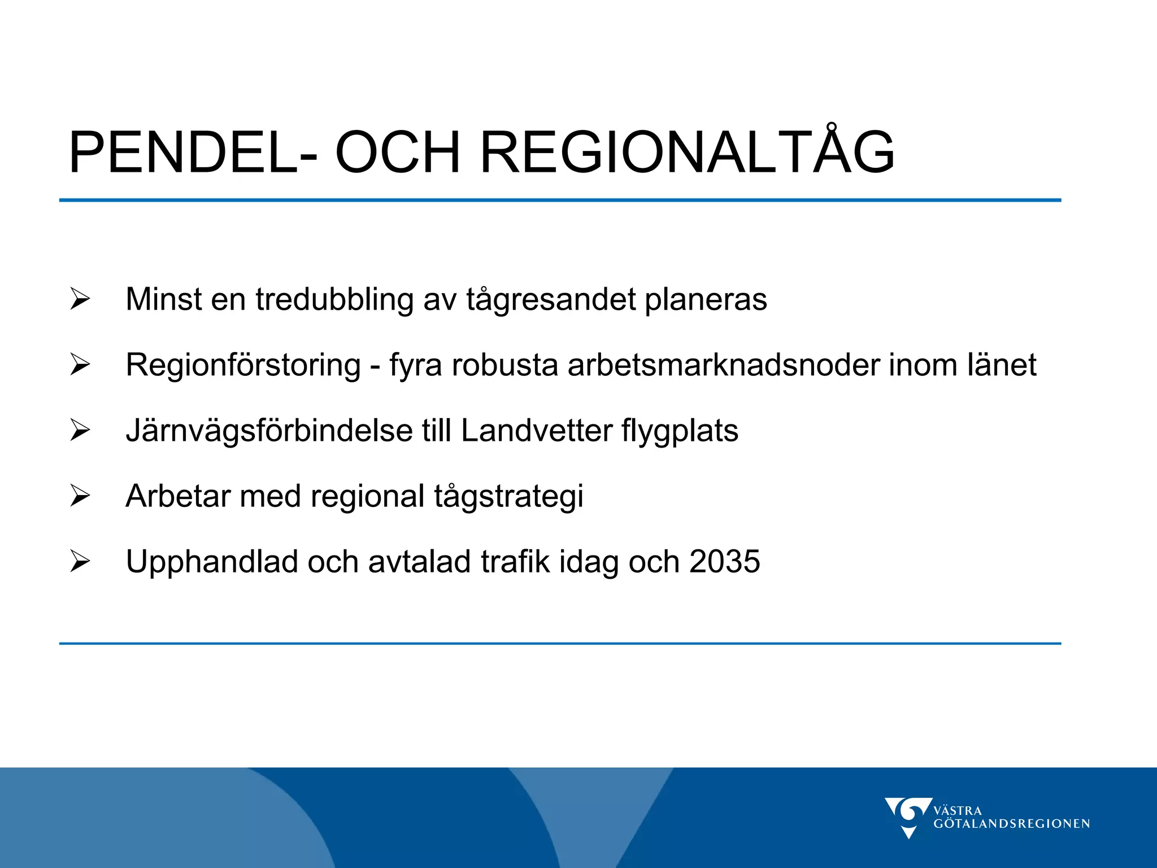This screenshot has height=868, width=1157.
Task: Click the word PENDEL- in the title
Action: click(193, 153)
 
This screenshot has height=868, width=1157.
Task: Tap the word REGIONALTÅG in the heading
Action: click(686, 153)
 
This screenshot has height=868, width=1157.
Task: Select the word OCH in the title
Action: click(398, 153)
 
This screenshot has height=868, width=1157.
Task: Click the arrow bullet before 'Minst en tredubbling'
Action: click(80, 298)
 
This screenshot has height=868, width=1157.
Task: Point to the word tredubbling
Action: click(334, 298)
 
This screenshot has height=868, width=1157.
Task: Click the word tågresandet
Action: click(551, 300)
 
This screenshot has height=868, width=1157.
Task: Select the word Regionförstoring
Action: click(243, 365)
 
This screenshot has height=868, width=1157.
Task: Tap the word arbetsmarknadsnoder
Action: click(723, 365)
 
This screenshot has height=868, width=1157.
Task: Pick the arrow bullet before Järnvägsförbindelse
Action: click(80, 430)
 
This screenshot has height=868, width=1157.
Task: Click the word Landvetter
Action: click(537, 431)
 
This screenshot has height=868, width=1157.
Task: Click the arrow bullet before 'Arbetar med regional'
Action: click(80, 496)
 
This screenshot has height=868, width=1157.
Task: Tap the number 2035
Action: click(725, 562)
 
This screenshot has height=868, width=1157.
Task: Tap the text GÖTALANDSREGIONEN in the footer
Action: click(1011, 824)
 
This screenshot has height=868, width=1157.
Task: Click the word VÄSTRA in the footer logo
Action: click(958, 810)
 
